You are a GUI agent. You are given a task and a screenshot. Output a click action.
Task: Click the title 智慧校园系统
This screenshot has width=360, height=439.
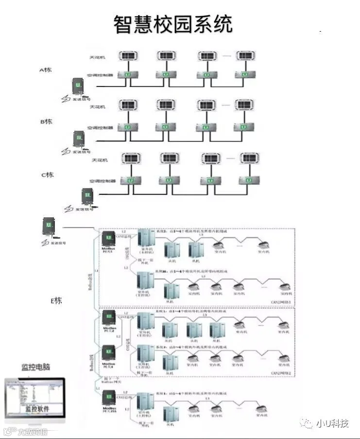(173, 23)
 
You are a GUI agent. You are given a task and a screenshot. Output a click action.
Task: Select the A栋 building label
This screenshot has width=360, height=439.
(46, 70)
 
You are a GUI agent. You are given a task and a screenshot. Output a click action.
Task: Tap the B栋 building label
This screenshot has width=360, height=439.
(46, 122)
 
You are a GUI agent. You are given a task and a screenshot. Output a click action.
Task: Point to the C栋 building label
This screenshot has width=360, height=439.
(47, 175)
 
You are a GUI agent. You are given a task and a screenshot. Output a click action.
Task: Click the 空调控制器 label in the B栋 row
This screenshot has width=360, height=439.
(100, 127)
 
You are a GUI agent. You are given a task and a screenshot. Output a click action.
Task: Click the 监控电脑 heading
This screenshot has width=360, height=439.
(35, 367)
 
